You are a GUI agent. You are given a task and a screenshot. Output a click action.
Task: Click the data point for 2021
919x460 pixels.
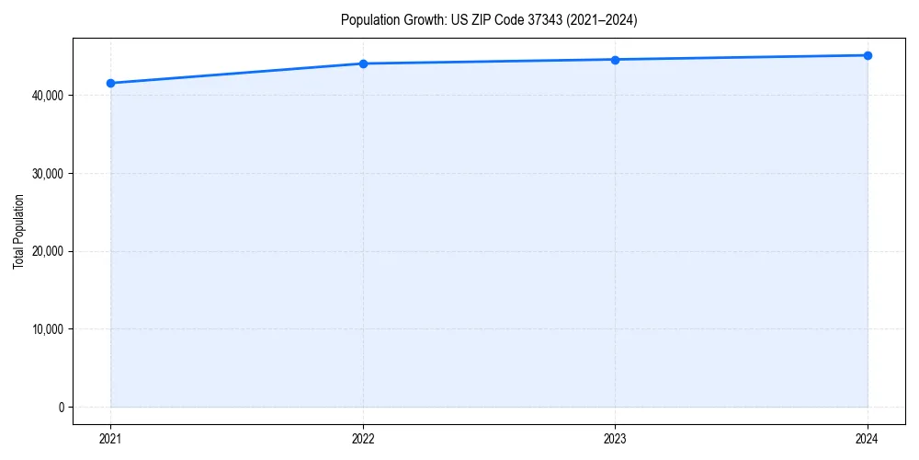click(110, 83)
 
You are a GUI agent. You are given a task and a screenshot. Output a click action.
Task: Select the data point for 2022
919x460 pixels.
click(363, 63)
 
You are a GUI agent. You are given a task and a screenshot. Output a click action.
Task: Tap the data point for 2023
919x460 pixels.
click(615, 60)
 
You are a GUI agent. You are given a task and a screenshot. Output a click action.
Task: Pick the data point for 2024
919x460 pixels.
click(868, 55)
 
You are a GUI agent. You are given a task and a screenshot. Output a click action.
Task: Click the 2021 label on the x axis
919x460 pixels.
click(110, 438)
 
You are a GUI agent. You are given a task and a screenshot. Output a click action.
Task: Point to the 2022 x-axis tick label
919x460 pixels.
click(363, 438)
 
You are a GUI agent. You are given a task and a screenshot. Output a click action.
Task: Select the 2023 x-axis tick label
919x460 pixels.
click(615, 438)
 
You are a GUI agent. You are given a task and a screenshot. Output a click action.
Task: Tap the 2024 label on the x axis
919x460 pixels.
click(868, 438)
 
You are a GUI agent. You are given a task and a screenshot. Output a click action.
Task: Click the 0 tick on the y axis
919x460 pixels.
click(61, 407)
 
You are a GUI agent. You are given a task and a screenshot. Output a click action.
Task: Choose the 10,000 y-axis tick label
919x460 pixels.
click(47, 329)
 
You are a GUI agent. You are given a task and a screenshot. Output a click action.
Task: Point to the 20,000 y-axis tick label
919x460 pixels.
click(47, 251)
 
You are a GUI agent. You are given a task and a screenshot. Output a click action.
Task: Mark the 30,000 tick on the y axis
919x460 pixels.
click(47, 173)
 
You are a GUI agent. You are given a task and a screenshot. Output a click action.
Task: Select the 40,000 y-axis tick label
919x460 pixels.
click(47, 96)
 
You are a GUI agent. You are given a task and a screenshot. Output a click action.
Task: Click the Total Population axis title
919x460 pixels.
click(18, 231)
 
